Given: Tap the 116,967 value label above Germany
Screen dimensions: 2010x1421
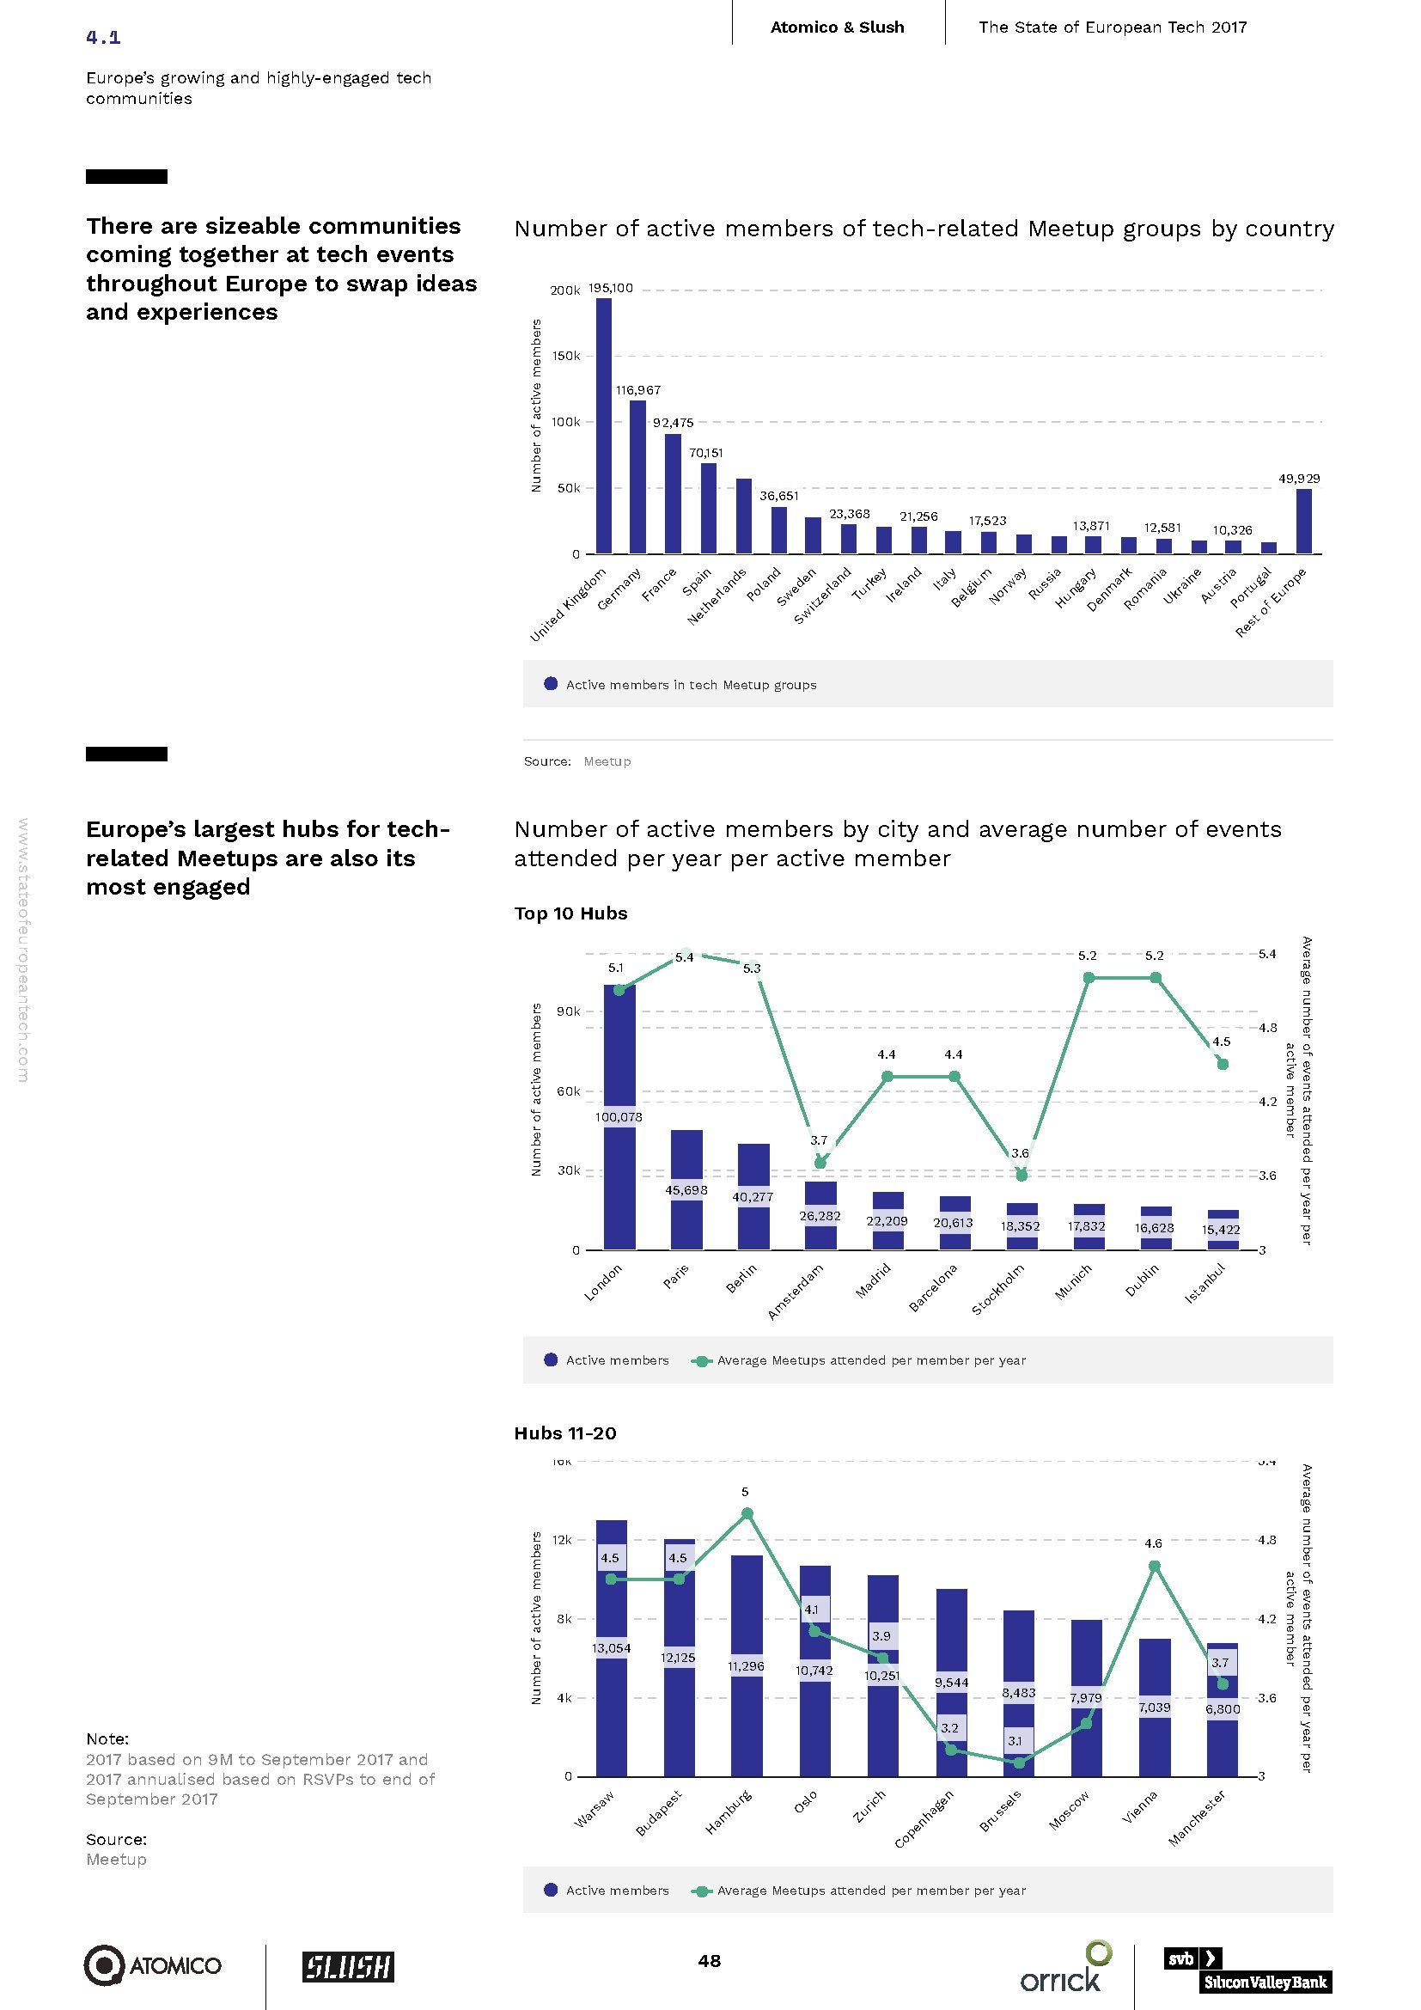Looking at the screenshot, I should coord(638,390).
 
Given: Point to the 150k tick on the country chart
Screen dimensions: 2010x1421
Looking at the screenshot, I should coord(565,357).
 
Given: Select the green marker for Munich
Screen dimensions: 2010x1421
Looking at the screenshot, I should coord(1088,978).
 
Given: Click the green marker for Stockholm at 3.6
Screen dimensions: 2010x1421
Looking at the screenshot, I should coord(1022,1175).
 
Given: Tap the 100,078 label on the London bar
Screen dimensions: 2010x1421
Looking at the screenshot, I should coord(619,1117).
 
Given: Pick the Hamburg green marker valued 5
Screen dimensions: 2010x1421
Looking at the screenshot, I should coord(747,1513).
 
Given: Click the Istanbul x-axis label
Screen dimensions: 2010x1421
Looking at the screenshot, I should coord(1205,1284).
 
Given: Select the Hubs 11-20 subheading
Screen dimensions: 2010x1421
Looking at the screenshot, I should coord(565,1433).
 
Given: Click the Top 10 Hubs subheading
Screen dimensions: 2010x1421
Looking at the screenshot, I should coord(570,913).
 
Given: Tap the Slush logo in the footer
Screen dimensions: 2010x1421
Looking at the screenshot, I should coord(348,1966).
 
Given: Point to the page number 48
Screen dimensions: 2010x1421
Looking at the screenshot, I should coord(710,1961).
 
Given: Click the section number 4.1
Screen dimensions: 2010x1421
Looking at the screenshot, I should coord(103,37).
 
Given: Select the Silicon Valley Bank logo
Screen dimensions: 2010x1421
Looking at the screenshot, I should coord(1247,1969).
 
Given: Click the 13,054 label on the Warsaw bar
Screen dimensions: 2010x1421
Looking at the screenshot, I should coord(611,1648).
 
